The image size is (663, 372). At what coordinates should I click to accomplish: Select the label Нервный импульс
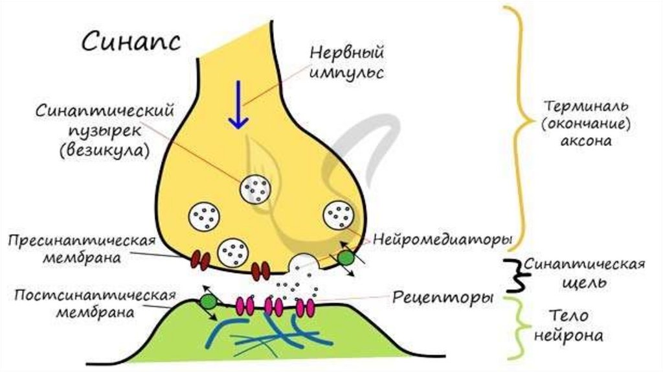[346, 62]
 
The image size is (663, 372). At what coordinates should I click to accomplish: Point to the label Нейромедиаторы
[443, 239]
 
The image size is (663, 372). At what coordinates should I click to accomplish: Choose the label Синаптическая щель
[584, 273]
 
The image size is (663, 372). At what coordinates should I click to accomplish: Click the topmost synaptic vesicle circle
[255, 189]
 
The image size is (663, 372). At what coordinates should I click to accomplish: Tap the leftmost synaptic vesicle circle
[204, 216]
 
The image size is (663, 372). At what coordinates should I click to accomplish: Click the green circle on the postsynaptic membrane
[208, 301]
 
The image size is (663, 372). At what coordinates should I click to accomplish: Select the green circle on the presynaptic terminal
[346, 257]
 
